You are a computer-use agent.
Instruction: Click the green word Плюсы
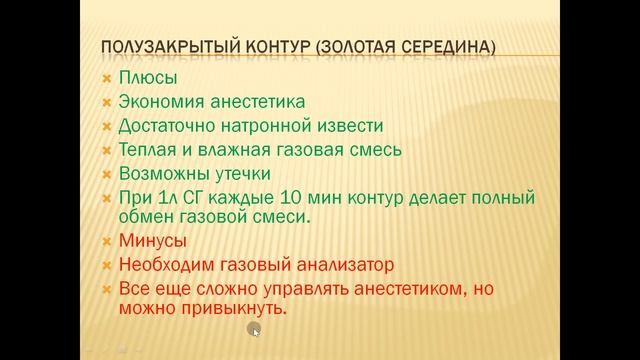tap(146, 77)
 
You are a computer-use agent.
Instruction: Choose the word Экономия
tap(162, 101)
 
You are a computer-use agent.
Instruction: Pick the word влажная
tap(242, 150)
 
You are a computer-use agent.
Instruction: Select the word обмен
tap(146, 217)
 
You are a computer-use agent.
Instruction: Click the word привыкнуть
tap(228, 310)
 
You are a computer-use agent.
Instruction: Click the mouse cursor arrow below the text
tap(255, 330)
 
